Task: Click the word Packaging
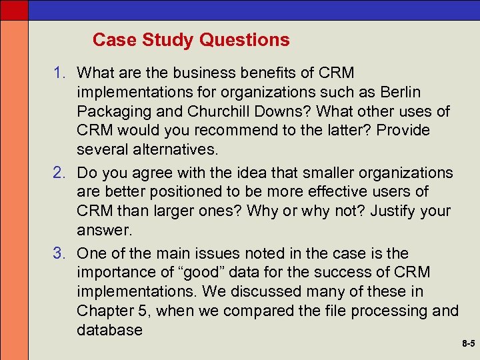[112, 111]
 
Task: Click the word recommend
[229, 130]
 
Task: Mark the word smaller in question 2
[323, 173]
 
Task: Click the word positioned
[190, 192]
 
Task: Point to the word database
[109, 330]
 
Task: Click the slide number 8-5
[468, 345]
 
